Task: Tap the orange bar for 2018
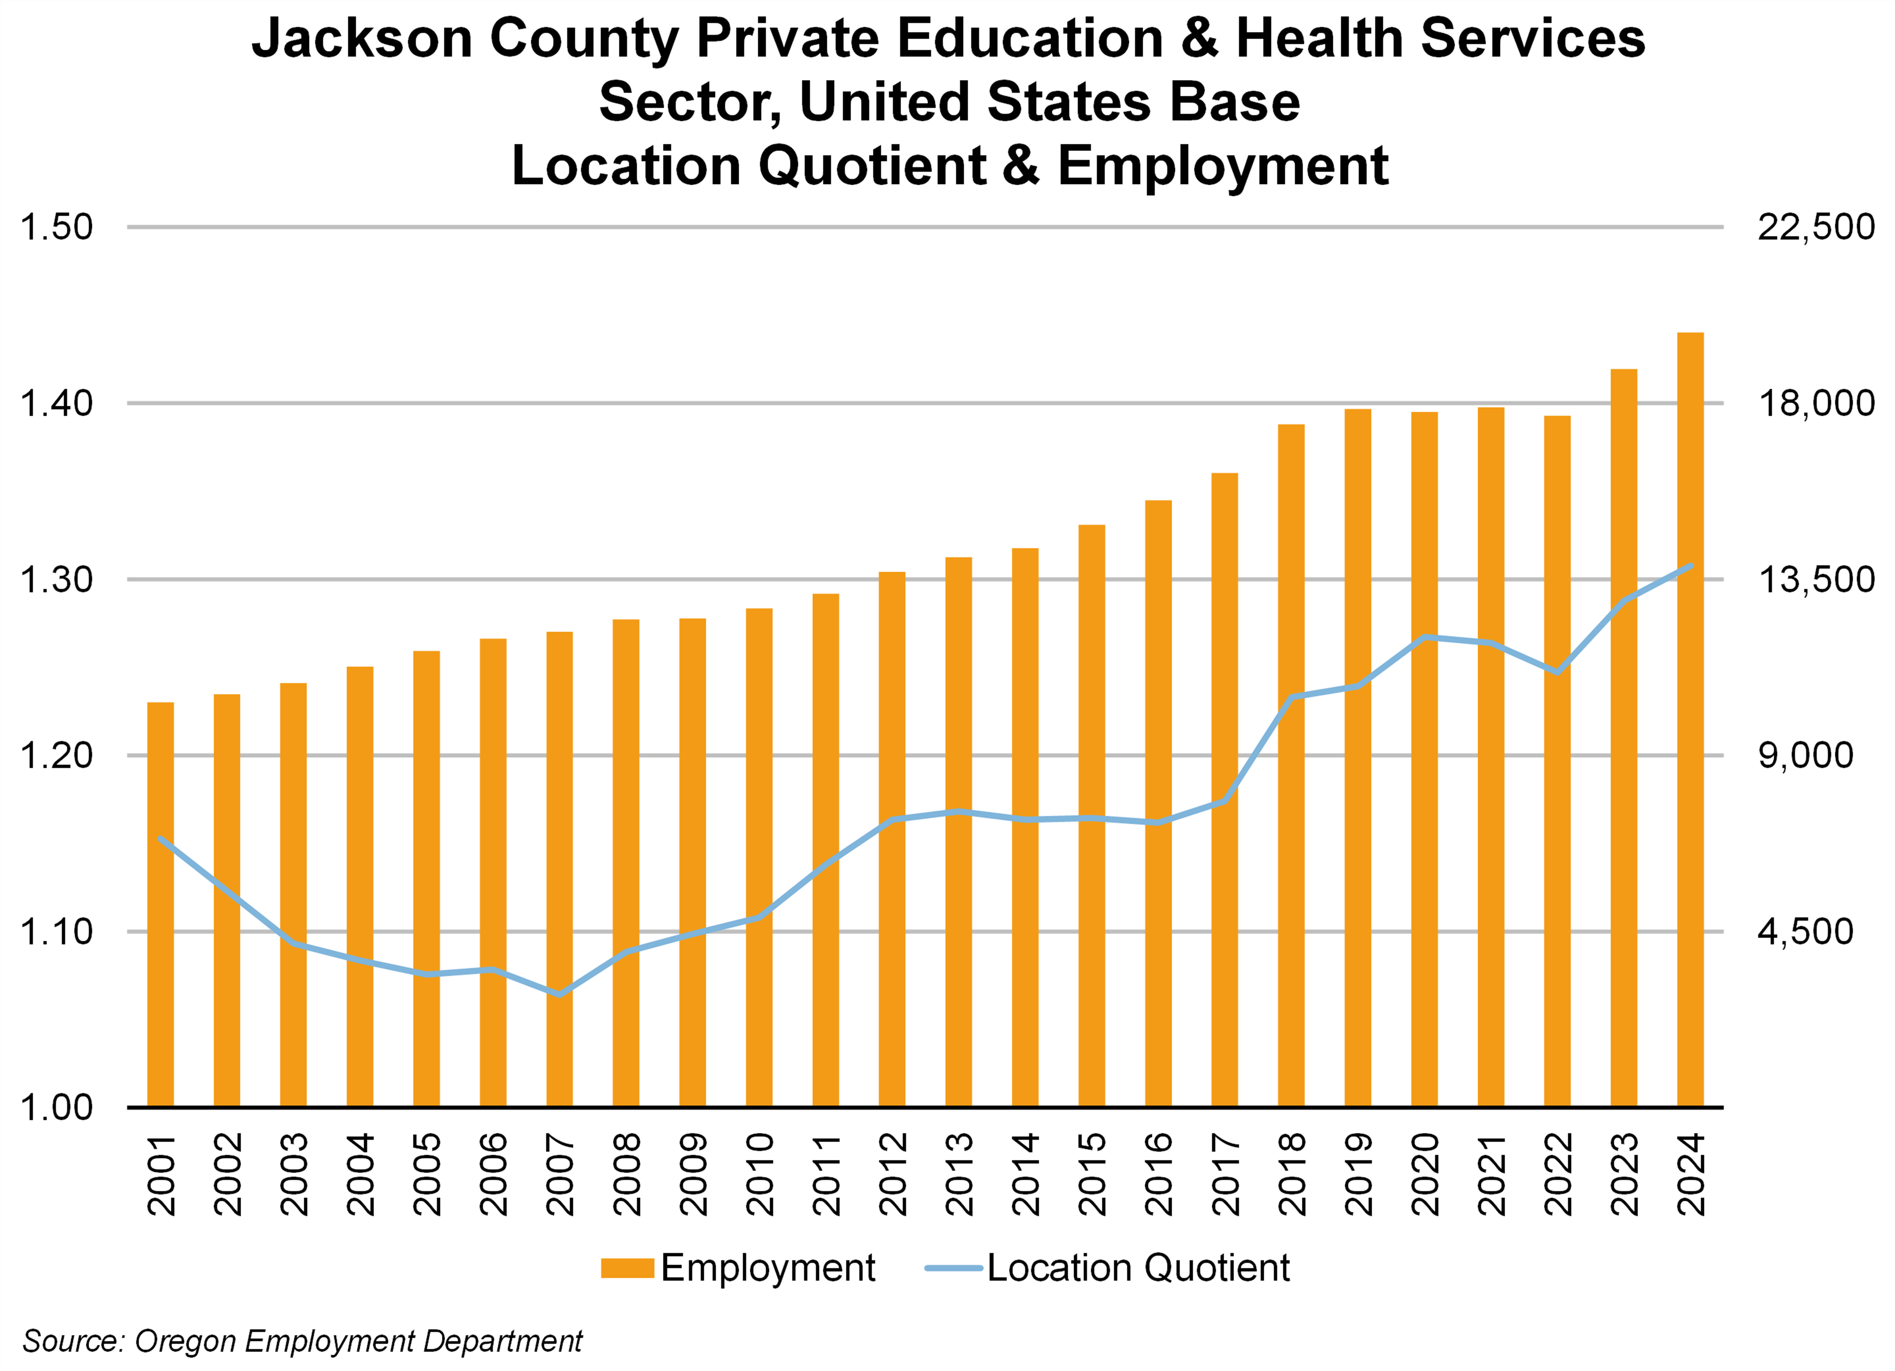(1291, 764)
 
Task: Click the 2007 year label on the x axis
(560, 1174)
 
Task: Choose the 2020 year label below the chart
(1425, 1174)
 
